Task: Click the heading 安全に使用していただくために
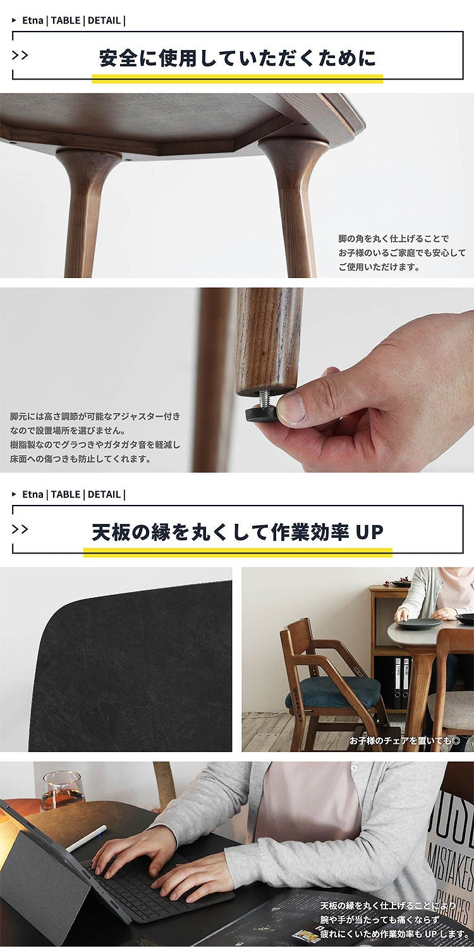(x=238, y=58)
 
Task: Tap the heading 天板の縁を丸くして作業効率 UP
(x=238, y=532)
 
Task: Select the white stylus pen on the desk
(x=87, y=838)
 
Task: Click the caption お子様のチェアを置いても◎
(x=404, y=740)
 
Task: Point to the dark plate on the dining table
(x=419, y=623)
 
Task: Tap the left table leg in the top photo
(x=85, y=209)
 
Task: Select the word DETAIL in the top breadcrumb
(x=104, y=20)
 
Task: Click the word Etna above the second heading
(x=32, y=494)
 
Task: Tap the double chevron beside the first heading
(x=20, y=55)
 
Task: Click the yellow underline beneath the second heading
(x=238, y=552)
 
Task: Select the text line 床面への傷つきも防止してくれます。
(x=81, y=459)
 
